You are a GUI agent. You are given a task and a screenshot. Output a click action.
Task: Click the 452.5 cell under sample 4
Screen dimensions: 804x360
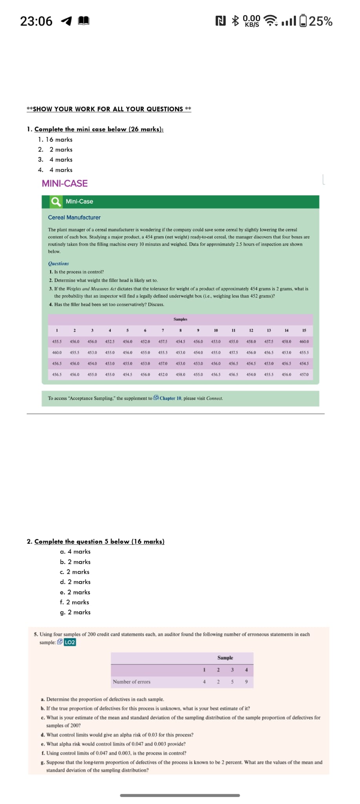pos(110,342)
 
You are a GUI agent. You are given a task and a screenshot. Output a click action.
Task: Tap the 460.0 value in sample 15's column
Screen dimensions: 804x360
pos(304,342)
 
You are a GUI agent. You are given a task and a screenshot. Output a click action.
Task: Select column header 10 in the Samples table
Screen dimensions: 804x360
pos(216,331)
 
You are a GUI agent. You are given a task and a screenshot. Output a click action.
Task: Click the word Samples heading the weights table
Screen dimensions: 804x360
pos(180,319)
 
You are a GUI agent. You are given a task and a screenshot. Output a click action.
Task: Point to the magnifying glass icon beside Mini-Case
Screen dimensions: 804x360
pos(56,201)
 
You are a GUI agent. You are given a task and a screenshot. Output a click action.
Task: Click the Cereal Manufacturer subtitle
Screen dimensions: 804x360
pos(74,217)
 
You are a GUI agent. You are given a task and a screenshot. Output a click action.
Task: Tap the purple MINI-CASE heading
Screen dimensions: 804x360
pos(65,183)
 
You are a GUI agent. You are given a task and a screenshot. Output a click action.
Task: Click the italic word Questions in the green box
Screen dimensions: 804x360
pos(58,263)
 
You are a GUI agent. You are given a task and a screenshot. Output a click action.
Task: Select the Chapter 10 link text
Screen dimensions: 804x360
pos(170,398)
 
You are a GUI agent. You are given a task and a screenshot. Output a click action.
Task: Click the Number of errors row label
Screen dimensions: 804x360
pos(132,682)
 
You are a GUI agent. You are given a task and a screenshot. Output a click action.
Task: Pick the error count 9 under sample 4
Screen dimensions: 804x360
pos(246,682)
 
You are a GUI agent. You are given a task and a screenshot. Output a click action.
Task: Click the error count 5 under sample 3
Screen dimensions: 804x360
pos(232,682)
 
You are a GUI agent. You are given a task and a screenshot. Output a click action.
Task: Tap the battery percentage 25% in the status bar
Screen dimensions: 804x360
pos(321,21)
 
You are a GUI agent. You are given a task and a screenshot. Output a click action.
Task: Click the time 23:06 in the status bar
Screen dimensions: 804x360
pos(36,21)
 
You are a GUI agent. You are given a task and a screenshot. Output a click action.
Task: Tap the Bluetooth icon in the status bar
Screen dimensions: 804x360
pos(236,20)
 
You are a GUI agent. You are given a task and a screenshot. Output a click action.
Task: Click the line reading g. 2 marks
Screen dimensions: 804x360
pos(75,612)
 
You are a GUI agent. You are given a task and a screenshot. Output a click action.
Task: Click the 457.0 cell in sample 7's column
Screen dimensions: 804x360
pos(163,364)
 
